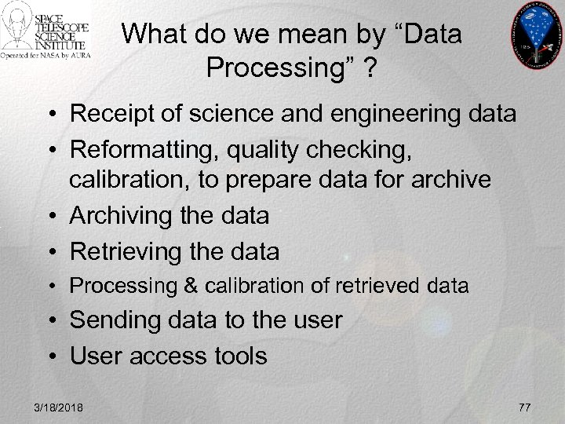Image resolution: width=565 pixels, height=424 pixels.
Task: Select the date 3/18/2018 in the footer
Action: click(x=60, y=406)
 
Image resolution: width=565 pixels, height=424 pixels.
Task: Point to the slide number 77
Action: click(x=525, y=406)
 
